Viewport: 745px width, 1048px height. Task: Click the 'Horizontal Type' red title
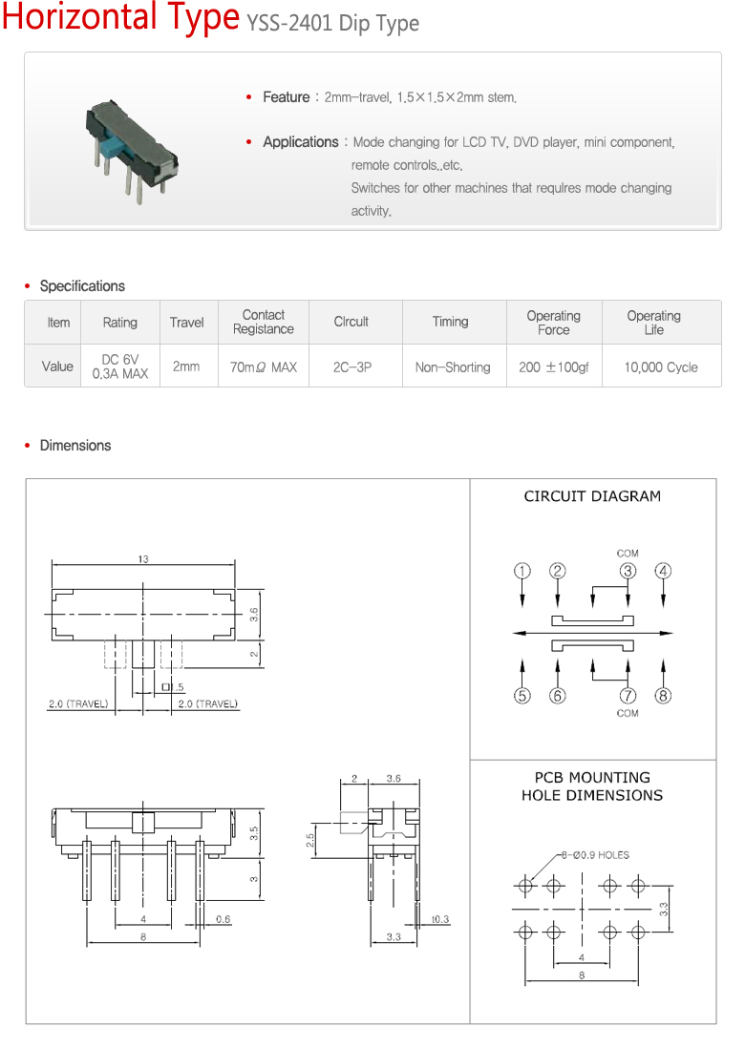coord(120,18)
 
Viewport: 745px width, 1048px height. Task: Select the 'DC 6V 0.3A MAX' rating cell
coord(120,367)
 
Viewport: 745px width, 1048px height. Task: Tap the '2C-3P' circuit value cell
coord(351,367)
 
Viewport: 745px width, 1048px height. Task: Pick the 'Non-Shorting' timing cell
coord(453,367)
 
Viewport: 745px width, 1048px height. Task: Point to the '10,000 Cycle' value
coord(661,367)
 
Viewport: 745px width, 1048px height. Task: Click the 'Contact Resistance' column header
coord(264,322)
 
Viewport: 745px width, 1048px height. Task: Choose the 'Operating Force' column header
coord(553,323)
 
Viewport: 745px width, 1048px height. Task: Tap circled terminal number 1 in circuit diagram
coord(522,571)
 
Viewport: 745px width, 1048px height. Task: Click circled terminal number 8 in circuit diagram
coord(663,696)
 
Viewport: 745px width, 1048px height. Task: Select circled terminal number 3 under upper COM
coord(628,571)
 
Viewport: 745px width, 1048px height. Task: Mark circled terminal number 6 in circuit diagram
coord(558,696)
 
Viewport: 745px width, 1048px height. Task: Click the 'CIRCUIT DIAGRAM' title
coord(592,496)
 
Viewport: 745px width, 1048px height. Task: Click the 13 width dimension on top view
coord(143,559)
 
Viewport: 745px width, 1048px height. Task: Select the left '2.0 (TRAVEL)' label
coord(78,704)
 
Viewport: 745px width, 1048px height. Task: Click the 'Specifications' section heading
coord(82,286)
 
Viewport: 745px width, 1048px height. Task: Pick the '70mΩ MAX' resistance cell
coord(264,367)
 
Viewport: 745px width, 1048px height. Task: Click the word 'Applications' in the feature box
coord(300,142)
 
